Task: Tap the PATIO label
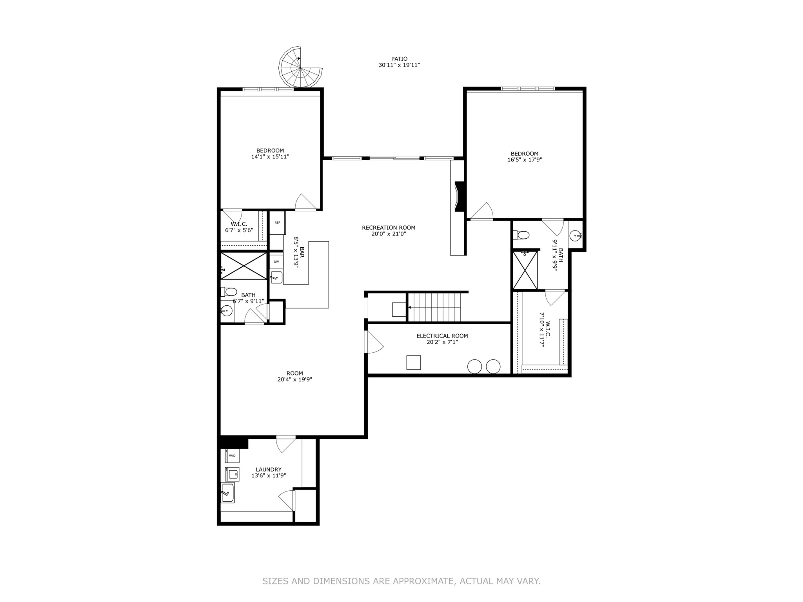pyautogui.click(x=399, y=59)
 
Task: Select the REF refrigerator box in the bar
pyautogui.click(x=277, y=223)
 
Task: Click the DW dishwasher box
pyautogui.click(x=276, y=261)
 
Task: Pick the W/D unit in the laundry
pyautogui.click(x=232, y=455)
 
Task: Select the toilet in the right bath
pyautogui.click(x=521, y=235)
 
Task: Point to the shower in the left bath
pyautogui.click(x=244, y=266)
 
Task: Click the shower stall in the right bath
pyautogui.click(x=525, y=270)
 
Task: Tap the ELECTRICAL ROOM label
pyautogui.click(x=442, y=336)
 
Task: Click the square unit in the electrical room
pyautogui.click(x=414, y=362)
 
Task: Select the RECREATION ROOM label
pyautogui.click(x=389, y=228)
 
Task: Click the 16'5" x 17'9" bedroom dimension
pyautogui.click(x=525, y=160)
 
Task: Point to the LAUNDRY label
pyautogui.click(x=269, y=470)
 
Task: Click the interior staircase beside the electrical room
pyautogui.click(x=434, y=307)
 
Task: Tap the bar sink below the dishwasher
pyautogui.click(x=276, y=277)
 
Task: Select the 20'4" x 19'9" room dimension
pyautogui.click(x=294, y=379)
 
